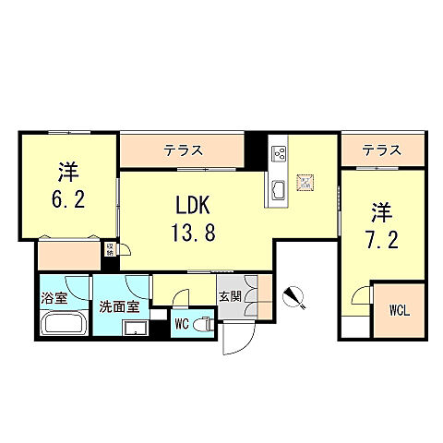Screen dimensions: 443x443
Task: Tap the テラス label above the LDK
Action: (185, 148)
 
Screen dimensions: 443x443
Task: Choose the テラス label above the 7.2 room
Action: (380, 148)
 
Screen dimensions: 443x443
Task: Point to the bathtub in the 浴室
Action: (64, 325)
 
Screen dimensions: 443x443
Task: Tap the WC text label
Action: (183, 323)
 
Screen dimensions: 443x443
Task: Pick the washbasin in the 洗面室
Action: (137, 326)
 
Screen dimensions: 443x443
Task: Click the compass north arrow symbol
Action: (293, 296)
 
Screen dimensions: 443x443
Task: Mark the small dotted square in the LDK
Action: (306, 182)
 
